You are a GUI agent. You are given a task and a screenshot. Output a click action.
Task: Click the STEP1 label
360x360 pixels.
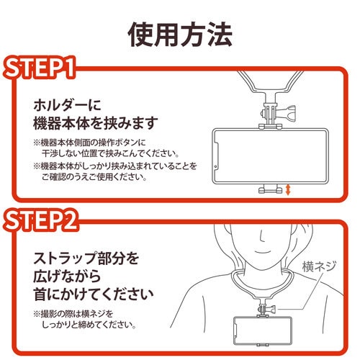(45, 70)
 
